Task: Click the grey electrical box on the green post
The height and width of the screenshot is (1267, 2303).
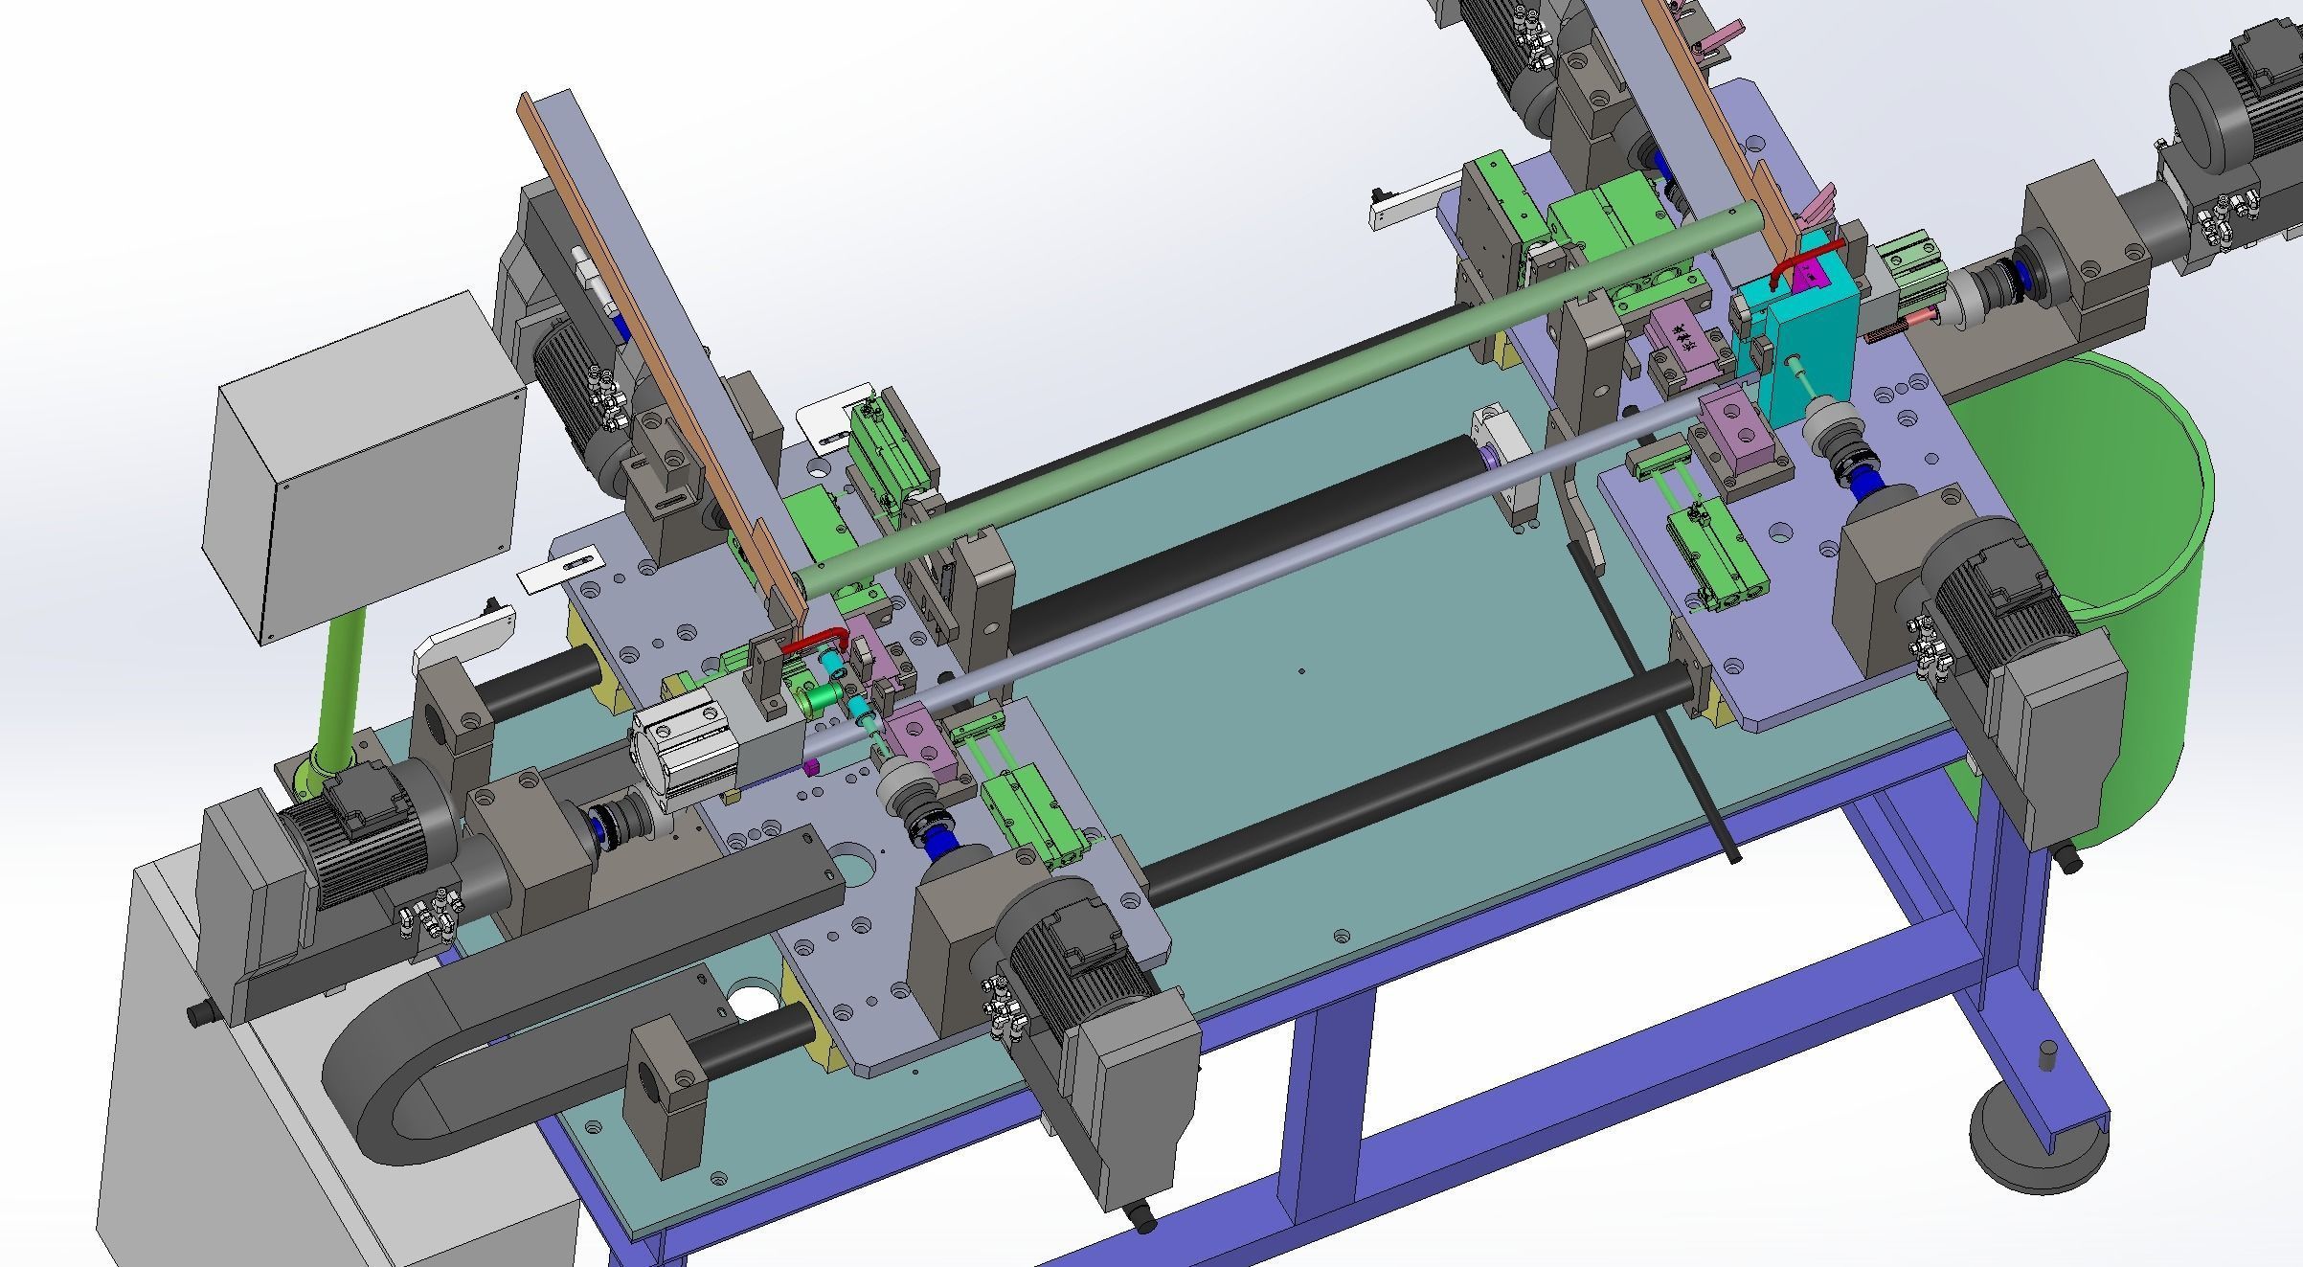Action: click(x=364, y=469)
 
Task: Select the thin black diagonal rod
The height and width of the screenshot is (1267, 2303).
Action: click(x=1657, y=709)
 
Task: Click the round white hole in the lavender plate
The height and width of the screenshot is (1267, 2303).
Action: click(x=751, y=1001)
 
